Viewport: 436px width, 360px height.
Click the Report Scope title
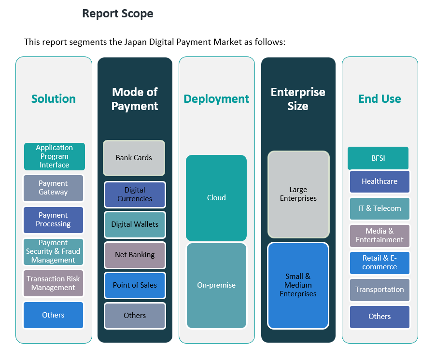click(117, 14)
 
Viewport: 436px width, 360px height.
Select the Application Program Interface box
click(54, 156)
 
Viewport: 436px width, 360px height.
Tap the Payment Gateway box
click(53, 188)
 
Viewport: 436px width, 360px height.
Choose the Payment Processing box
click(53, 220)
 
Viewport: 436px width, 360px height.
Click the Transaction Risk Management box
click(53, 283)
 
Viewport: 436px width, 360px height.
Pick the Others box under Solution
click(53, 315)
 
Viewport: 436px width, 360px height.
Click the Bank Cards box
click(134, 158)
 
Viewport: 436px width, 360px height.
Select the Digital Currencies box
click(135, 194)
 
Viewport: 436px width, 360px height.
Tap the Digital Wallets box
click(135, 224)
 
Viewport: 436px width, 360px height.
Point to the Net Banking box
click(135, 255)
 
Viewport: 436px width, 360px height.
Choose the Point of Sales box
click(135, 285)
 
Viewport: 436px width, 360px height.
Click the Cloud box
click(216, 198)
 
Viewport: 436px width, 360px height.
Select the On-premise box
click(216, 285)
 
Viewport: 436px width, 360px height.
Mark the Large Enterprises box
click(298, 194)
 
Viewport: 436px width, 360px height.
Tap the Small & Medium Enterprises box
click(298, 285)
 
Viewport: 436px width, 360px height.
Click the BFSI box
click(378, 158)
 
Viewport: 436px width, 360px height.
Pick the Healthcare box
click(380, 181)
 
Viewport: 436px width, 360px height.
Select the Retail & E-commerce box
click(380, 263)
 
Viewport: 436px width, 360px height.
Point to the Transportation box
click(380, 290)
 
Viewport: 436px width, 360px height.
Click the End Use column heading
click(380, 99)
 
